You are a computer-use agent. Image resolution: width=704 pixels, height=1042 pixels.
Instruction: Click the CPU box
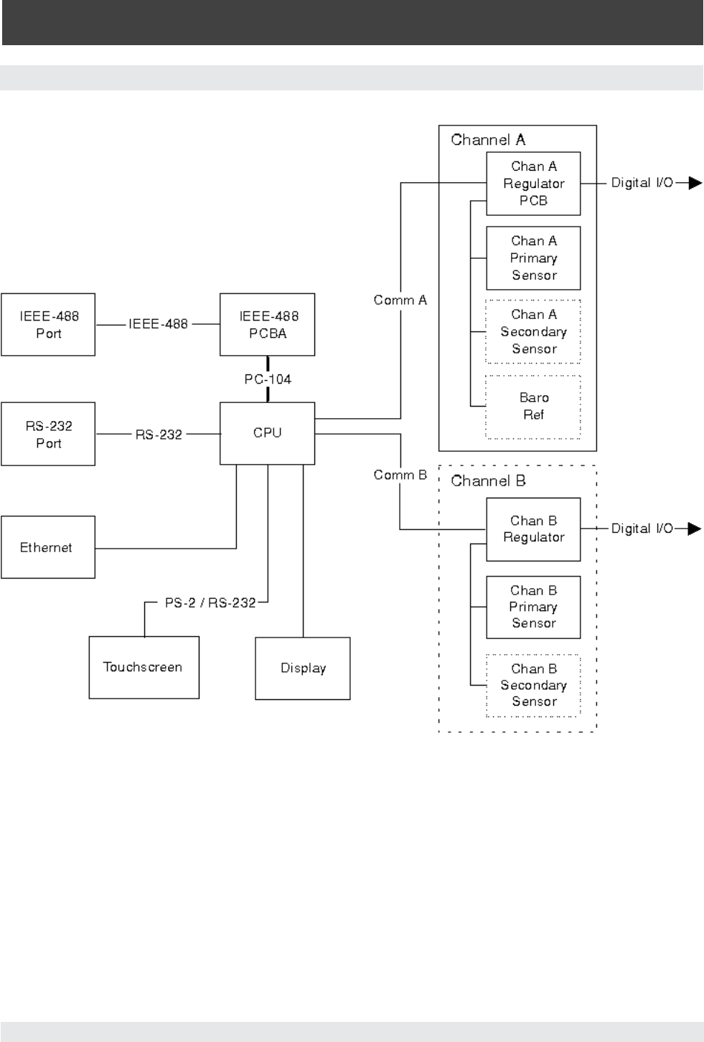(x=267, y=433)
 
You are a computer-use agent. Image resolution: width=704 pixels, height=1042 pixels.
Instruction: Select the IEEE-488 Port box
(x=48, y=324)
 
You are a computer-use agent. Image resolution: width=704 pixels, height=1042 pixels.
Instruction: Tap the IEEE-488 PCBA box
(x=267, y=324)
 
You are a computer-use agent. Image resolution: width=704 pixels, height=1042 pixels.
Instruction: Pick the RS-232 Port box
(x=48, y=434)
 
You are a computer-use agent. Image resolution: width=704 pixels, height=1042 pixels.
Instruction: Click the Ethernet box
(x=48, y=547)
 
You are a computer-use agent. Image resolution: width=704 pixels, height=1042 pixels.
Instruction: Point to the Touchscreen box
(x=144, y=667)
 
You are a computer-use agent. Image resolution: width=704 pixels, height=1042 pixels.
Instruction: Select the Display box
(x=303, y=668)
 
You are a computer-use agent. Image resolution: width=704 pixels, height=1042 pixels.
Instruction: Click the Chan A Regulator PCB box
(x=533, y=184)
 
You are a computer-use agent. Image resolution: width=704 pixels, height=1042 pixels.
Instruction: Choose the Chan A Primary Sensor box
(x=533, y=258)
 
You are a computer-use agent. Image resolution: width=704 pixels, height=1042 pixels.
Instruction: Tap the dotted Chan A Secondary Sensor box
(x=533, y=331)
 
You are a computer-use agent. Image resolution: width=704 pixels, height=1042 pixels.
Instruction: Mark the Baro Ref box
(x=533, y=406)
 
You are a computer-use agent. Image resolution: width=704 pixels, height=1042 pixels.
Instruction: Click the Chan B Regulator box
(x=533, y=529)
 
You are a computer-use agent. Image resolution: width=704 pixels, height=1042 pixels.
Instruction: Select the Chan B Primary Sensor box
(x=533, y=607)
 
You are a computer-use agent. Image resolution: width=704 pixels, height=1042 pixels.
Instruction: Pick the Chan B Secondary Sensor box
(x=533, y=685)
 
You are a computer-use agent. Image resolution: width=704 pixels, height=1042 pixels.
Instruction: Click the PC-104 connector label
(x=268, y=379)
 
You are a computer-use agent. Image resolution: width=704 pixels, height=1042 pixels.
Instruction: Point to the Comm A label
(x=400, y=300)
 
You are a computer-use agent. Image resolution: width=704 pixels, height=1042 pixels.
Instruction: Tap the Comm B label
(x=400, y=475)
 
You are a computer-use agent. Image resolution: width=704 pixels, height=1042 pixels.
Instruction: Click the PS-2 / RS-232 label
(x=210, y=602)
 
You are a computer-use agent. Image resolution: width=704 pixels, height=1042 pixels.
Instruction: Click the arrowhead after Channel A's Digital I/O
(x=694, y=183)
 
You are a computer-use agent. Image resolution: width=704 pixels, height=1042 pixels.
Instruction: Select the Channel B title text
(x=488, y=480)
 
